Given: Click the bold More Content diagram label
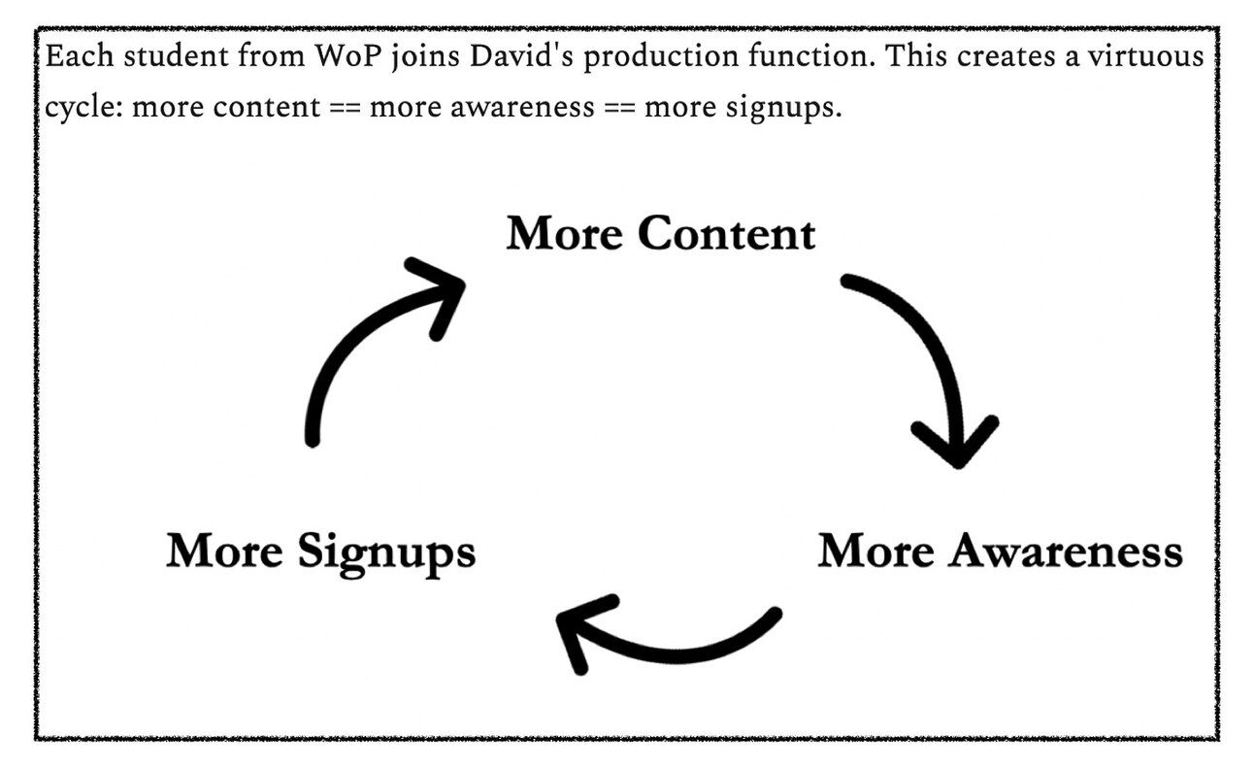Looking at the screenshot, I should coord(660,234).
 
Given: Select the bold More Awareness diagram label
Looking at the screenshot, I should coord(1000,552).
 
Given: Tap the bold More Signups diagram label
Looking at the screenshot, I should coord(320,552).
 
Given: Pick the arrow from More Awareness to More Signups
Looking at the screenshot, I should coord(660,641).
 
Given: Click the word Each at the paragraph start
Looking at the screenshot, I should coord(74,56).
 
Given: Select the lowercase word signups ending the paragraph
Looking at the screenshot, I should coord(780,106).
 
